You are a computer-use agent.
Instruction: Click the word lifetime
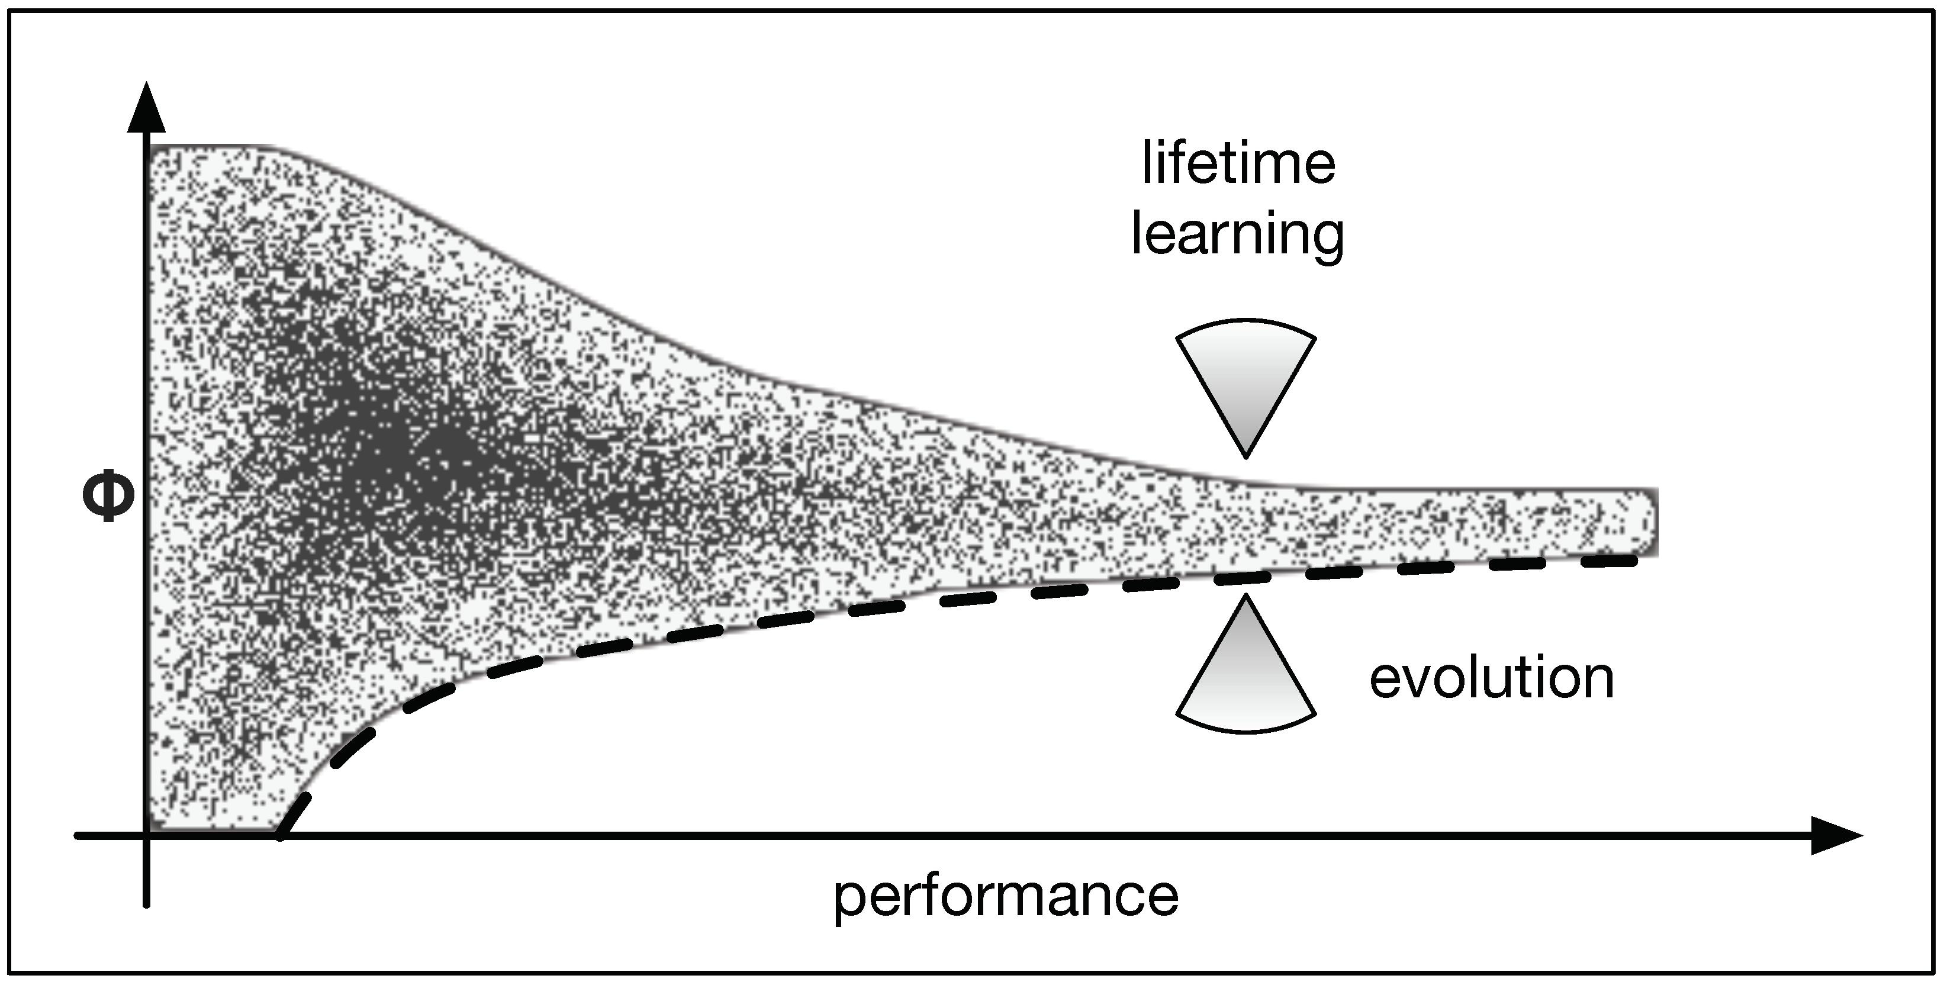click(x=1238, y=163)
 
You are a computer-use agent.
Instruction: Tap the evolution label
click(x=1491, y=678)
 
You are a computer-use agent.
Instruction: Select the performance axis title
click(x=1006, y=896)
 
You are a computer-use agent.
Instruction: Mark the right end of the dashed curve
click(x=1634, y=560)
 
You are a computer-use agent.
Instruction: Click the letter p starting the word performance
click(x=849, y=900)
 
